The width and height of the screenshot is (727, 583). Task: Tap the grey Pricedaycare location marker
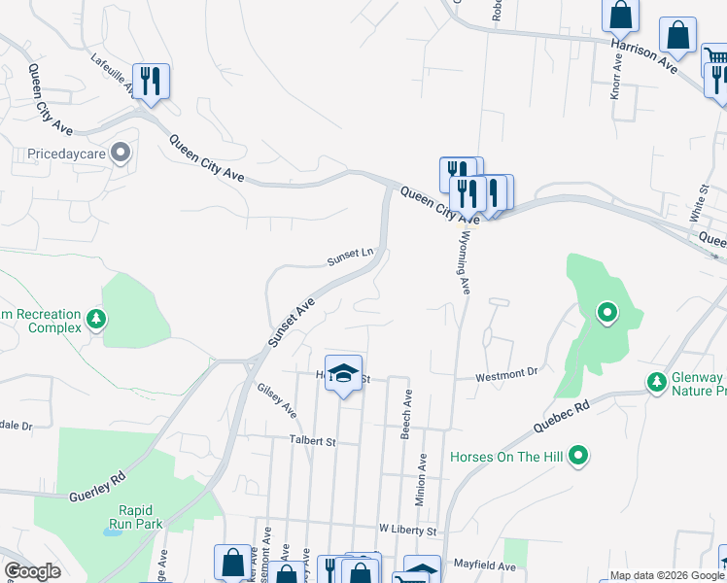tap(121, 152)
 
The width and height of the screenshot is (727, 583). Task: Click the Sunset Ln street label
tap(350, 257)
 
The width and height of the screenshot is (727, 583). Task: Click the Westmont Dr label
tap(506, 373)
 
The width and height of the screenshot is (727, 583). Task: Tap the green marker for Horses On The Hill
tap(579, 455)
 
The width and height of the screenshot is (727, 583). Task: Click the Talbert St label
tap(311, 441)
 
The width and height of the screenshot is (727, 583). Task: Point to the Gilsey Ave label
tap(277, 399)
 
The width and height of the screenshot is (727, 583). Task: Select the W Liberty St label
tap(408, 531)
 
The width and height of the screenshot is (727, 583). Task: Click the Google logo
tap(32, 571)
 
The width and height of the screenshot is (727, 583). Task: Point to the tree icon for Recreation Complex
tap(95, 318)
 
